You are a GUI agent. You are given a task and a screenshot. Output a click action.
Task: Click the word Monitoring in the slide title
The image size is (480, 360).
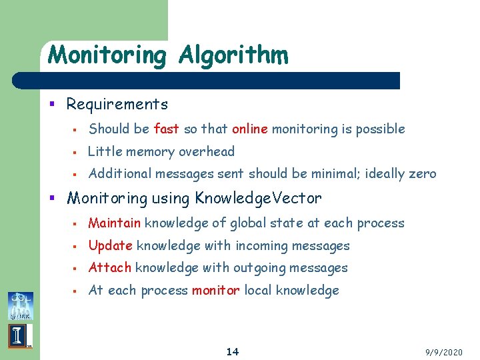[x=107, y=55]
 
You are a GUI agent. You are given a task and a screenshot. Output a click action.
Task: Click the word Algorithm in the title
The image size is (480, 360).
[x=233, y=55]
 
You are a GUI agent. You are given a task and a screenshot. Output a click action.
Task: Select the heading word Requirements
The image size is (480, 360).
[x=117, y=105]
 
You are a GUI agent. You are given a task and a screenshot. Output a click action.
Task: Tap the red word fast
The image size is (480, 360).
[x=166, y=129]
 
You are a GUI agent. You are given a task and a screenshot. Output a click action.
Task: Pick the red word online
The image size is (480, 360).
[x=249, y=129]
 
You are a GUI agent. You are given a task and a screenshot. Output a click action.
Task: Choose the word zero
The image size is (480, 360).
[x=421, y=174]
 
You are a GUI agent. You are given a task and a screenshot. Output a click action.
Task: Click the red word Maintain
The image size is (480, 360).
[x=114, y=223]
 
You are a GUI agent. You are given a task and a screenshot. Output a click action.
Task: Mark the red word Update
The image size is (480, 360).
[x=110, y=246]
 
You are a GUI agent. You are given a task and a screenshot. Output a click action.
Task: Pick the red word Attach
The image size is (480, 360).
[x=109, y=268]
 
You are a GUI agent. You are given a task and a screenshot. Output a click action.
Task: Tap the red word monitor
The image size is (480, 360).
[x=215, y=291]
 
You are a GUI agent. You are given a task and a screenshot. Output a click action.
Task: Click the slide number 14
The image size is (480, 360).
[x=233, y=351]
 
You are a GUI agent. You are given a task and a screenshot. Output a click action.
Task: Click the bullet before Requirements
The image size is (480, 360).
[x=58, y=105]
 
